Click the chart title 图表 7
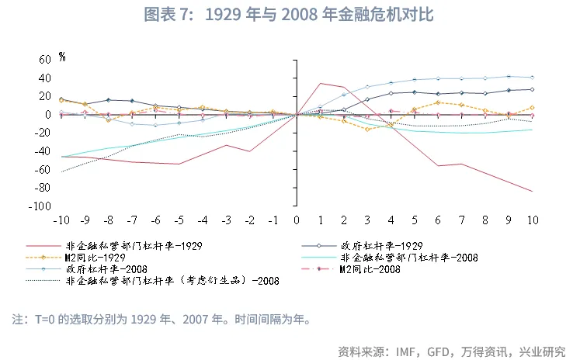pos(289,16)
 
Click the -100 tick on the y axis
pos(40,206)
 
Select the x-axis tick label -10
pos(60,220)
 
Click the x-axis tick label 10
pos(533,220)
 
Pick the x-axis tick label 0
pos(297,220)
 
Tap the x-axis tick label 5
pos(415,220)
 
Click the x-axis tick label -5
pos(178,220)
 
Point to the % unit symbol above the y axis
pos(62,56)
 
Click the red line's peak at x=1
pos(321,83)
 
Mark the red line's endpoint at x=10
pos(533,192)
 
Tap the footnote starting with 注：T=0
pos(161,320)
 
